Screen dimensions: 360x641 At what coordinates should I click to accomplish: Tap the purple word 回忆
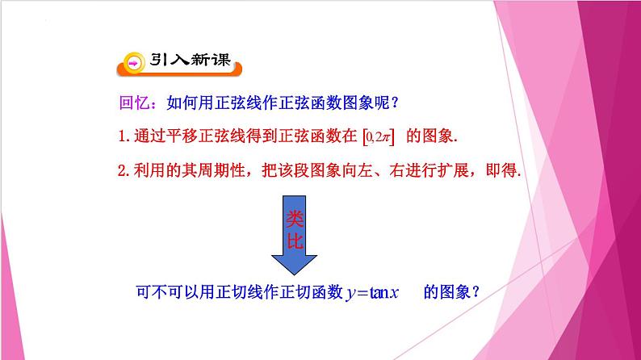point(132,103)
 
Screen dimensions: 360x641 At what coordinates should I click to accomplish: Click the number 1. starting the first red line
point(124,137)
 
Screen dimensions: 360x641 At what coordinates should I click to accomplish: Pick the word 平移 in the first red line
point(187,137)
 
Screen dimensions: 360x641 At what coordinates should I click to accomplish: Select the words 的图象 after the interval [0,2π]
point(432,137)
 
